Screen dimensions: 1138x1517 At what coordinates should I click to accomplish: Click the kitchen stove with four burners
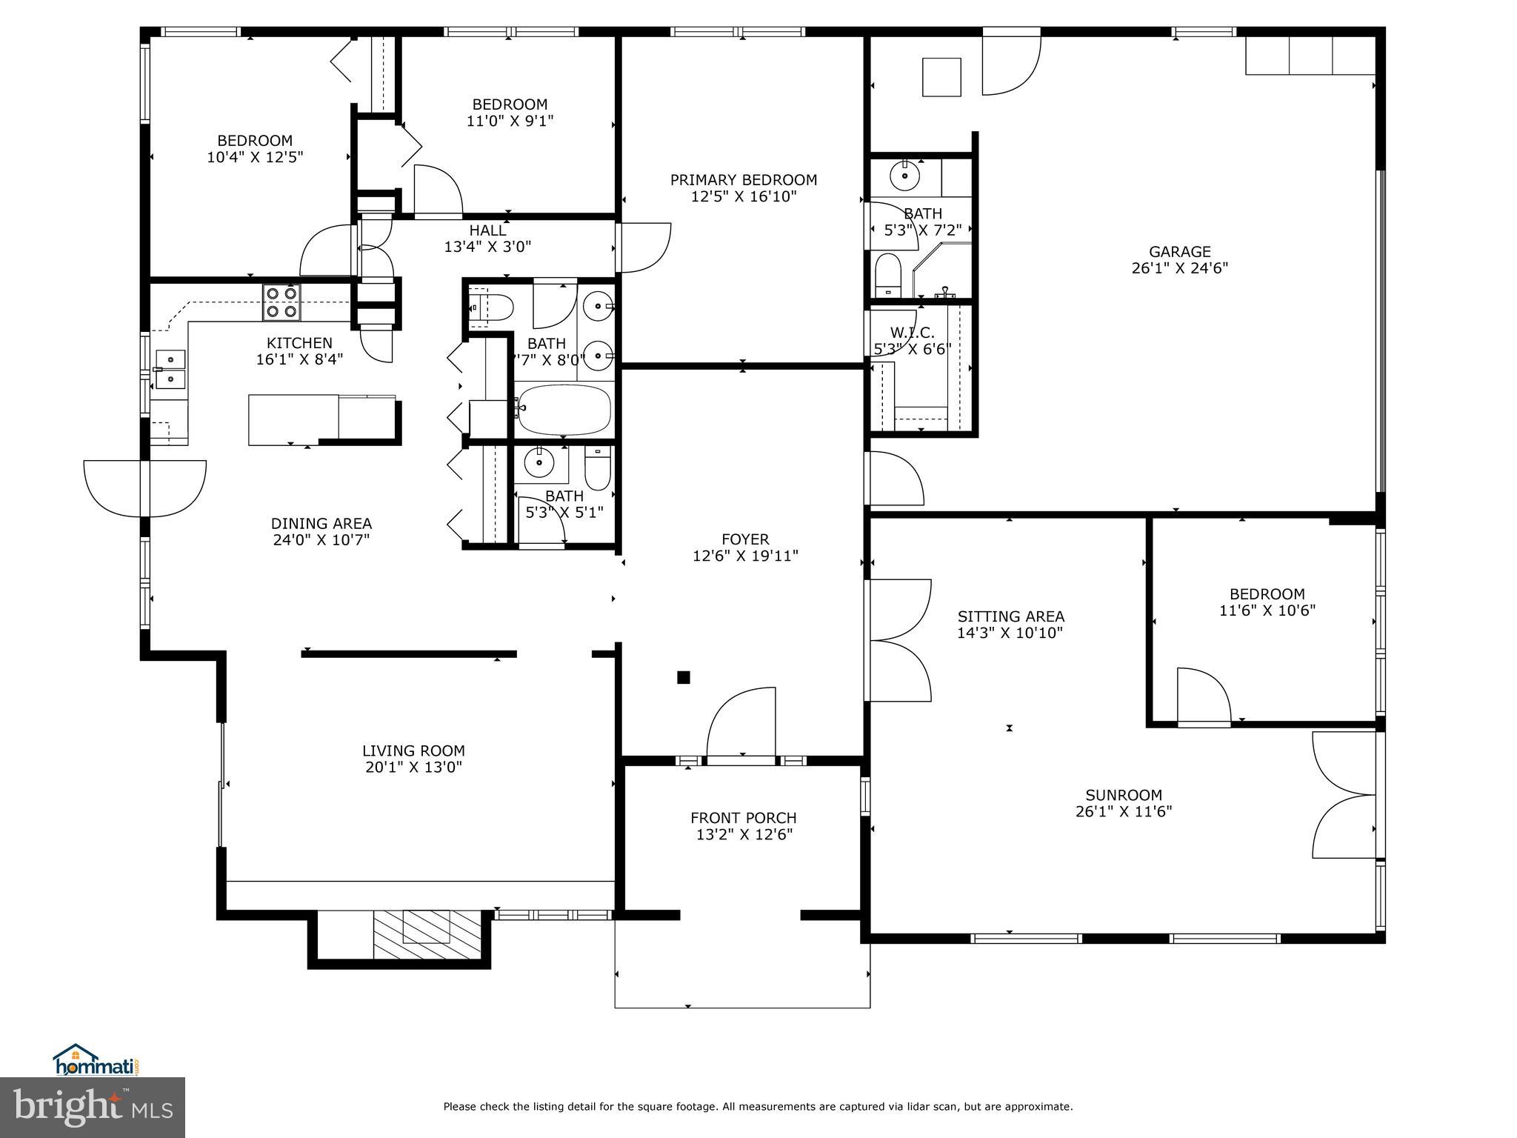(282, 302)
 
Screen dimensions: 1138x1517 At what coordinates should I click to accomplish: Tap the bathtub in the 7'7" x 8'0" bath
(564, 408)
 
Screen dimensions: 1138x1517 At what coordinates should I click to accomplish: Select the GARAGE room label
(1179, 252)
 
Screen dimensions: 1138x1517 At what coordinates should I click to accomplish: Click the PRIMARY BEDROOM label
(743, 180)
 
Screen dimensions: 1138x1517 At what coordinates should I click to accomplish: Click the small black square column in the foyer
(684, 676)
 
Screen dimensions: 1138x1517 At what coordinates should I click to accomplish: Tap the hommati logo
(96, 1064)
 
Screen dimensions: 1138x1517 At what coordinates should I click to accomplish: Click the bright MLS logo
(93, 1107)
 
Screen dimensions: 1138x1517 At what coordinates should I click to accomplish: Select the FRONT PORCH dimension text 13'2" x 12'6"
(743, 835)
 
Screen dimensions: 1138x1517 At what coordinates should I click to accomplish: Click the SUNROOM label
(1123, 795)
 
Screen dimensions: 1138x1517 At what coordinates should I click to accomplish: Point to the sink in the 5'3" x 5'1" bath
(539, 463)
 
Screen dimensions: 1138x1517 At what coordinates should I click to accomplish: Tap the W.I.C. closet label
(912, 333)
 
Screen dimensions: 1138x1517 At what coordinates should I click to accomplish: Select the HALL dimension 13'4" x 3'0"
(487, 247)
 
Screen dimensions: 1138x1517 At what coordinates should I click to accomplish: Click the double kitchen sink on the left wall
(171, 368)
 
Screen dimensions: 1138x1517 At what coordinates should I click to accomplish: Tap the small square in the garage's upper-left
(941, 77)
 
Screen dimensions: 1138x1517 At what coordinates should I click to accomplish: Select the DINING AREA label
(321, 524)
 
